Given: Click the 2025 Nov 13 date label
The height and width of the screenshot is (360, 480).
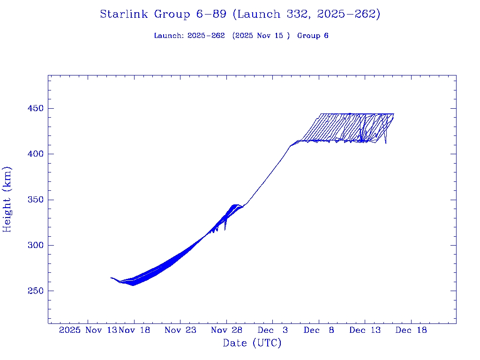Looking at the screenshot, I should click(88, 330).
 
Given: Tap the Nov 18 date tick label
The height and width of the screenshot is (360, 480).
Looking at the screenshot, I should click(135, 330).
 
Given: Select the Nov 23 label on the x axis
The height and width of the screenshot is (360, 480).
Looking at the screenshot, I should click(180, 330).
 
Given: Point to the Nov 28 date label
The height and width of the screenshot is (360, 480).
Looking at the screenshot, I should click(226, 330).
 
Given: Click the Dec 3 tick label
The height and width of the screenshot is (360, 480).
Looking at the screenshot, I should click(272, 330).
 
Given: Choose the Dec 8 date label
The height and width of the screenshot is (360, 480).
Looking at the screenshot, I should click(319, 330).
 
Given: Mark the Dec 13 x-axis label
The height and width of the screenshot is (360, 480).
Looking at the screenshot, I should click(365, 330).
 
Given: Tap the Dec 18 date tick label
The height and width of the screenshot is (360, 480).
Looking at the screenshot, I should click(411, 330).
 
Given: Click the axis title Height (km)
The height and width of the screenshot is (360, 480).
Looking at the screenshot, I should click(7, 199).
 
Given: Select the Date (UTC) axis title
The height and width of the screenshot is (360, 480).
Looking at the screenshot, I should click(252, 343).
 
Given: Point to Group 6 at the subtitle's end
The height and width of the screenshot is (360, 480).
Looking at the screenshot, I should click(313, 36).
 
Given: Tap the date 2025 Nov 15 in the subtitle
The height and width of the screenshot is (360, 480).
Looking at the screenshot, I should click(260, 36).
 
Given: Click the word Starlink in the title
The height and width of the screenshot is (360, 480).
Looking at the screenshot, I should click(125, 15).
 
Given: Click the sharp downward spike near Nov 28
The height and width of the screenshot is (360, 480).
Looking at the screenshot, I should click(225, 229).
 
